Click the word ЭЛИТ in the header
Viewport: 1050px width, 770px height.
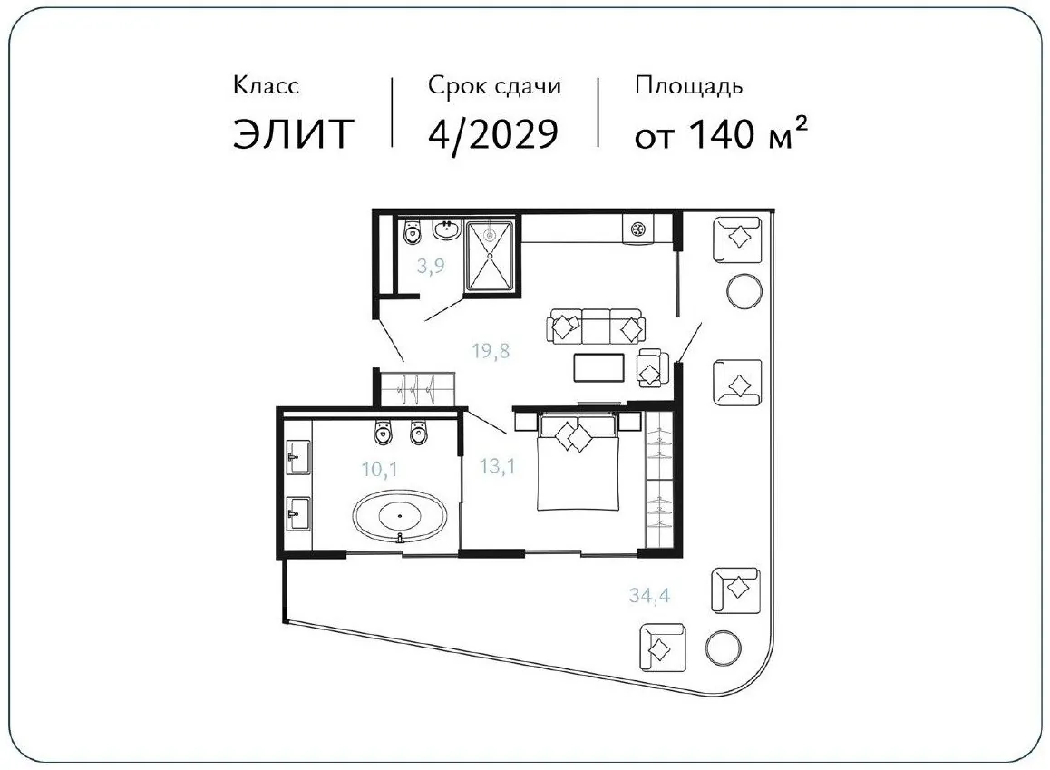(293, 133)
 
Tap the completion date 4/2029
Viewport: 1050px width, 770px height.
(493, 134)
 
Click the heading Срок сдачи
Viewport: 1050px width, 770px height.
(494, 85)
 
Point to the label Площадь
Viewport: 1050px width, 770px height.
(688, 86)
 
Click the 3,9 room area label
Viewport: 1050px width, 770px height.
(431, 267)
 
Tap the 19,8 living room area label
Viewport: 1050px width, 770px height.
(491, 350)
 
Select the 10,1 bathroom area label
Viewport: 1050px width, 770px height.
(380, 469)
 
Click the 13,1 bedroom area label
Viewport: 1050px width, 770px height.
(498, 465)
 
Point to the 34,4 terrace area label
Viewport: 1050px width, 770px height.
(649, 595)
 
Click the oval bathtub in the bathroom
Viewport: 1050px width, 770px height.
(399, 517)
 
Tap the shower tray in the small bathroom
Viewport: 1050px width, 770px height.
(490, 256)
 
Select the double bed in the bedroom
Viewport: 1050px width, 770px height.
(577, 462)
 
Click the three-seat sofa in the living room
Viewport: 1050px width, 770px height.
(596, 327)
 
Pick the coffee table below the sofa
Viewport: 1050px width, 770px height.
(599, 367)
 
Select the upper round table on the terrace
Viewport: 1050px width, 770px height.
(744, 291)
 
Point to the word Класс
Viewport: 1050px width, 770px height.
(266, 85)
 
